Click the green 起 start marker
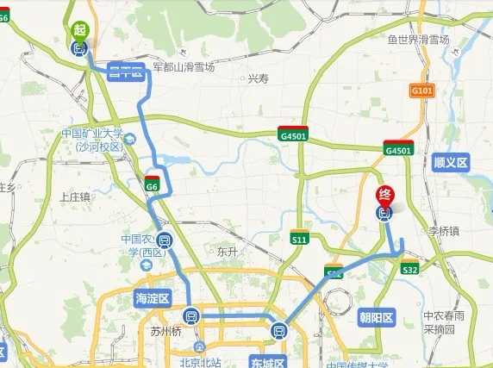point(80,29)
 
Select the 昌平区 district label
point(125,72)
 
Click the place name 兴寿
point(259,78)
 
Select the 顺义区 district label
point(450,161)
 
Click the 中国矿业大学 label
point(92,134)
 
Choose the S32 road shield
point(410,270)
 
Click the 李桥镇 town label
point(445,231)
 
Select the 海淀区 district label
point(153,298)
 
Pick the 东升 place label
point(228,252)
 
